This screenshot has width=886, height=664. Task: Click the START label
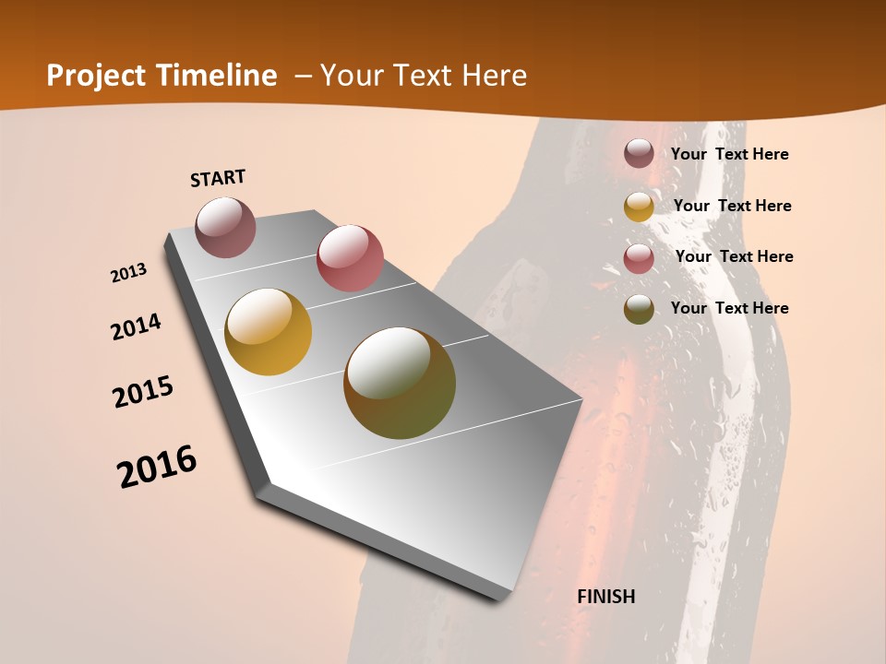coord(218,178)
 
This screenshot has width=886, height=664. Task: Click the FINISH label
coord(606,597)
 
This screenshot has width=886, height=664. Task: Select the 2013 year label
coord(129,273)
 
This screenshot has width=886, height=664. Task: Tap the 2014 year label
coord(137,326)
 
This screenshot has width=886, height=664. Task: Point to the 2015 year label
coord(143,392)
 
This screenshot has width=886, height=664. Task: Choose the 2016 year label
coord(157,467)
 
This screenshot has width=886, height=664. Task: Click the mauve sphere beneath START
coord(226,227)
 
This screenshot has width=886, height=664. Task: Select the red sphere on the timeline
coord(350,258)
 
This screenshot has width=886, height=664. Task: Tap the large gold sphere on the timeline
coord(269,332)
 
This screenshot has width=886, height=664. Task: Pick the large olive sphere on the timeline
coord(400,383)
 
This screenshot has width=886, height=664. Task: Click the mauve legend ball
coord(639,153)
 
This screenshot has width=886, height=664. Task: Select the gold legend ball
coord(639,207)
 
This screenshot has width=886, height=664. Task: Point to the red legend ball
coord(639,258)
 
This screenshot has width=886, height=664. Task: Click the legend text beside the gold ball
coord(732,206)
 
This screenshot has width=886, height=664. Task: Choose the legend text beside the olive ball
coord(729,308)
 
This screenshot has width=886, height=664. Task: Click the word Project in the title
coord(97,76)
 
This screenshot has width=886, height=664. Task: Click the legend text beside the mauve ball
coord(729,154)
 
